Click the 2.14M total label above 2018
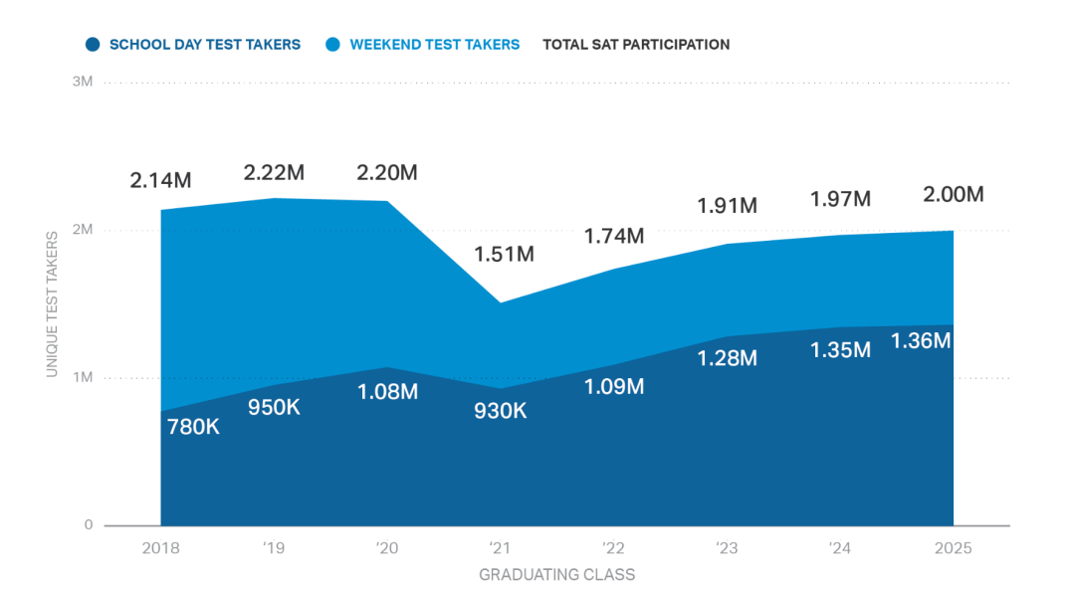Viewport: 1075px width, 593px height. pyautogui.click(x=160, y=181)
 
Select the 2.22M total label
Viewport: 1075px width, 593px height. pyautogui.click(x=274, y=172)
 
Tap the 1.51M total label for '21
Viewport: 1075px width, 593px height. pyautogui.click(x=504, y=254)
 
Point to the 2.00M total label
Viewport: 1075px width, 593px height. pyautogui.click(x=954, y=194)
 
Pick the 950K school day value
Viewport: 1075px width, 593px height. pyautogui.click(x=274, y=409)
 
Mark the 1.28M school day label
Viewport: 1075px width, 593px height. pyautogui.click(x=728, y=358)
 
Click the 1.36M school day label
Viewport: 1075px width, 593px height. pyautogui.click(x=921, y=340)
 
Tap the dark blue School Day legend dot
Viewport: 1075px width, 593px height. pyautogui.click(x=93, y=45)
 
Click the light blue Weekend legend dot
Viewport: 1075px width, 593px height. pyautogui.click(x=333, y=45)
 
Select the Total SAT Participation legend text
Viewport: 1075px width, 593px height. pyautogui.click(x=636, y=45)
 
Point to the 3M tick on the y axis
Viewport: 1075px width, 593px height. pyautogui.click(x=83, y=82)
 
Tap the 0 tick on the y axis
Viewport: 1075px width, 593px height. pyautogui.click(x=89, y=525)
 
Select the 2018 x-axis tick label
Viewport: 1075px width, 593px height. pyautogui.click(x=160, y=548)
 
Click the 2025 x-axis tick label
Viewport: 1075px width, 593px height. pyautogui.click(x=953, y=548)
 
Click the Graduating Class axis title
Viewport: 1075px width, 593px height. pyautogui.click(x=556, y=574)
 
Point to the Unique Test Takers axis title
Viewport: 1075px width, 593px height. pyautogui.click(x=51, y=303)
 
